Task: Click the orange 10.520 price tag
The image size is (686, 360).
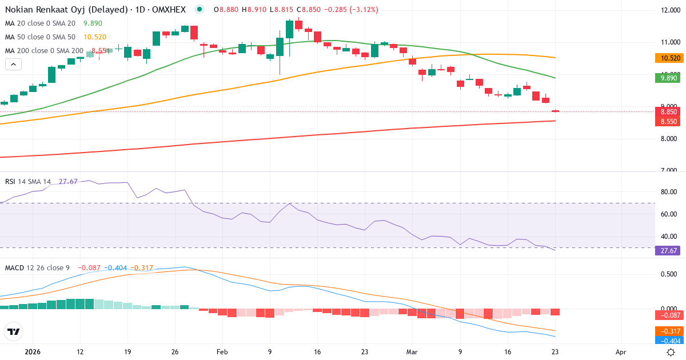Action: pyautogui.click(x=667, y=58)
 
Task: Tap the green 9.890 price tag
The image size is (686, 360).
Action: pyautogui.click(x=667, y=78)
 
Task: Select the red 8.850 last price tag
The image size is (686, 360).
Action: pyautogui.click(x=667, y=113)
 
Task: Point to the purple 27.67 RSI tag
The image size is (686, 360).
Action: pyautogui.click(x=667, y=250)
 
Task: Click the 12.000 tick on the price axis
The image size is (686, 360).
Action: pyautogui.click(x=669, y=10)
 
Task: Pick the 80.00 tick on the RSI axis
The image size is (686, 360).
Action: pyautogui.click(x=669, y=192)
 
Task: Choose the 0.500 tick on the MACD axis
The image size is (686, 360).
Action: pyautogui.click(x=669, y=274)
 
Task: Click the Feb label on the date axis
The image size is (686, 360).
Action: pyautogui.click(x=223, y=352)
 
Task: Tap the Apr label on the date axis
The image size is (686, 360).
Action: pyautogui.click(x=621, y=352)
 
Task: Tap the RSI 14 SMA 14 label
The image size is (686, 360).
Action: pyautogui.click(x=28, y=182)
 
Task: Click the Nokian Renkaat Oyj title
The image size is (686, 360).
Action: pyautogui.click(x=66, y=10)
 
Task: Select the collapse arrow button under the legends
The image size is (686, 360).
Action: pyautogui.click(x=13, y=64)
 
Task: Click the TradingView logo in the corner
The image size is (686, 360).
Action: pyautogui.click(x=14, y=331)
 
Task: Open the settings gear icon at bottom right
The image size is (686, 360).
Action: pyautogui.click(x=671, y=351)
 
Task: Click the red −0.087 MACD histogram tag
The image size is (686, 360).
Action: pyautogui.click(x=667, y=315)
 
